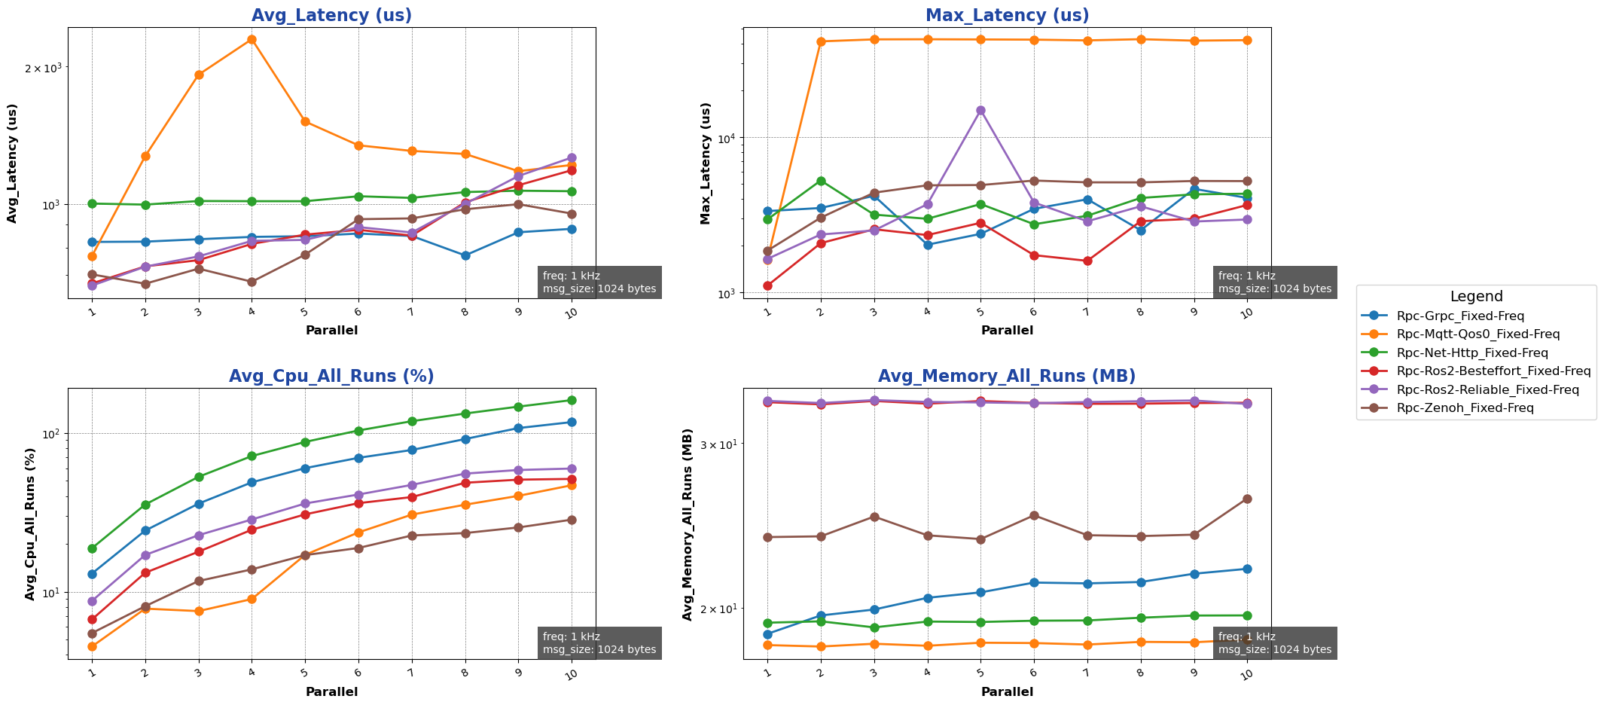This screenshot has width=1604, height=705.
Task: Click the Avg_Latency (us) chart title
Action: point(331,15)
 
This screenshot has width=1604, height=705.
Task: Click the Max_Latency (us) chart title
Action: point(1007,15)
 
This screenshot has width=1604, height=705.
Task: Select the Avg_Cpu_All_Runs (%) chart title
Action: point(331,376)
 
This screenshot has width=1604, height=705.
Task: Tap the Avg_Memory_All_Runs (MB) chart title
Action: point(1007,376)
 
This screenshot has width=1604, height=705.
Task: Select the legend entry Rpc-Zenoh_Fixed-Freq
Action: point(1464,407)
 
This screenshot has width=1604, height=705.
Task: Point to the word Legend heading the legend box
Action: point(1476,297)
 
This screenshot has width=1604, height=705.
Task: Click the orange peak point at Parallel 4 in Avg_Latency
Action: point(252,39)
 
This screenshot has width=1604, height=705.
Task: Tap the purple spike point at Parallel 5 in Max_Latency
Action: point(980,110)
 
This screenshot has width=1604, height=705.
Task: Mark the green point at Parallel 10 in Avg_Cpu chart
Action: point(572,400)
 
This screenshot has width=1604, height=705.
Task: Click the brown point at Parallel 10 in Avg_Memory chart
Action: point(1247,499)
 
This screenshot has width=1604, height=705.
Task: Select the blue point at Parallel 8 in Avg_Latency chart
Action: point(465,255)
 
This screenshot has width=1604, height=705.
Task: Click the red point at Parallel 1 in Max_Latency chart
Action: point(767,285)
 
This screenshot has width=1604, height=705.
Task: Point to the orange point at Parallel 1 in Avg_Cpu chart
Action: point(92,646)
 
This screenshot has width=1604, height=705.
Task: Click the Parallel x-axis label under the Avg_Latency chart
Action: point(331,330)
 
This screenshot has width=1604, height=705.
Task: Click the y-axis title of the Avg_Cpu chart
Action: point(30,524)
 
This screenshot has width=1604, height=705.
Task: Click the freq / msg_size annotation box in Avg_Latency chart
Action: point(599,282)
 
